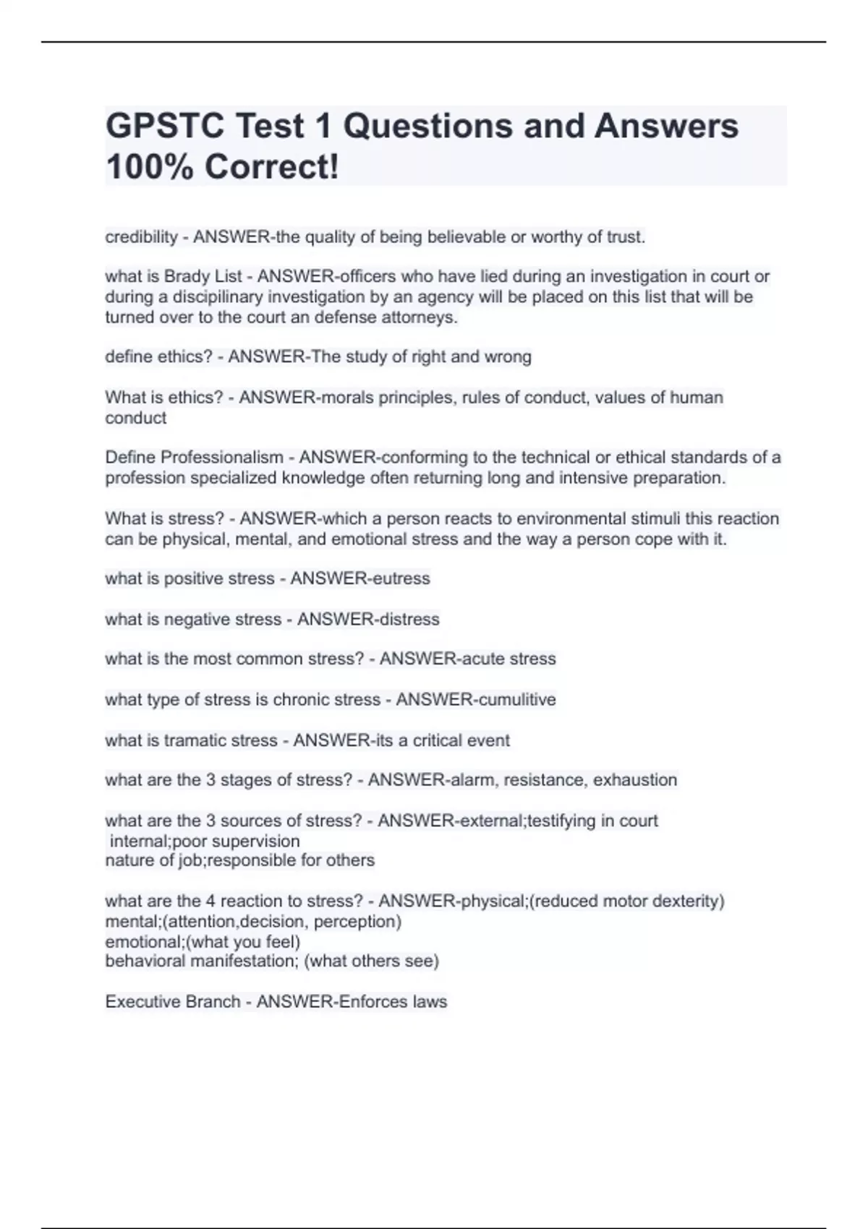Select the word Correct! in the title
271,167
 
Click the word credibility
141,237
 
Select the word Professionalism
222,458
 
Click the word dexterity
686,902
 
